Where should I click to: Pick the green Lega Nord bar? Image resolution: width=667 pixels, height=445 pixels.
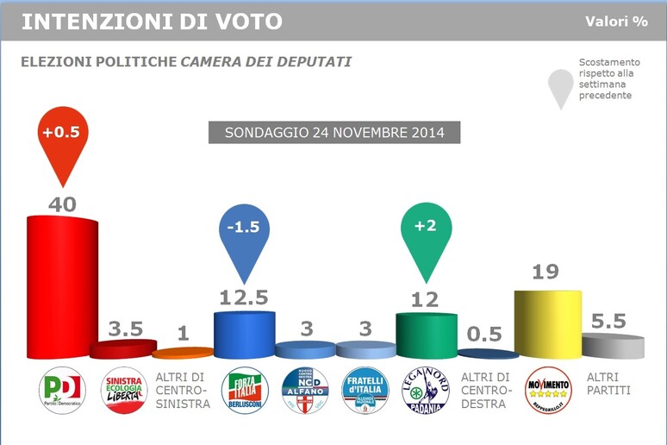(x=426, y=335)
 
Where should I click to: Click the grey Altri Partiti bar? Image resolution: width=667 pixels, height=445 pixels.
(x=613, y=346)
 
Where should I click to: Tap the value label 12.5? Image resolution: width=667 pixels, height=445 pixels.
(x=244, y=298)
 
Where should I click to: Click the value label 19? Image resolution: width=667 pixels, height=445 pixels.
(x=546, y=273)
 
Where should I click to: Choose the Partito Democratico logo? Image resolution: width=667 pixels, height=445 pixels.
(x=62, y=391)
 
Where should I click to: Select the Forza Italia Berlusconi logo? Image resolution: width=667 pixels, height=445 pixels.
(x=245, y=391)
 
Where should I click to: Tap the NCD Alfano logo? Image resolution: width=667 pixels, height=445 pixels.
(x=306, y=391)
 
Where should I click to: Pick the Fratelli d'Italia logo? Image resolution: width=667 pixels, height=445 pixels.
(x=366, y=391)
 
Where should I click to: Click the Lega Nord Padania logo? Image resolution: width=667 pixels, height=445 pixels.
(x=426, y=391)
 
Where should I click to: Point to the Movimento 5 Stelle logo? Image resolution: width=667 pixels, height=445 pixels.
(x=547, y=391)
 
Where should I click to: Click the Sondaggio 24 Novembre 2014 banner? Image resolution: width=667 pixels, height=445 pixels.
(x=334, y=133)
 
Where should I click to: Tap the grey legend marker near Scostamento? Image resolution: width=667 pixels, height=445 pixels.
(x=561, y=86)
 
